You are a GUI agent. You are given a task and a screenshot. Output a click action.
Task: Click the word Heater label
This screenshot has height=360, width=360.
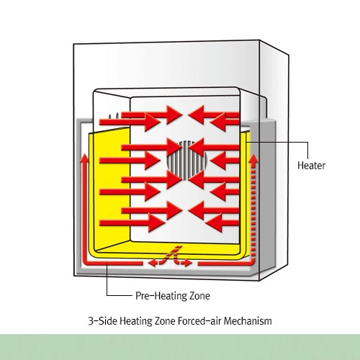click(x=311, y=166)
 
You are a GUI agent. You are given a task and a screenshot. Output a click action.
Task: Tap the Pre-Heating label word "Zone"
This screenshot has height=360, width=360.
click(x=199, y=296)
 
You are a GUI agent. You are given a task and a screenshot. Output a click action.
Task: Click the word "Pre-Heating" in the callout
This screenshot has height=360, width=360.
click(x=161, y=296)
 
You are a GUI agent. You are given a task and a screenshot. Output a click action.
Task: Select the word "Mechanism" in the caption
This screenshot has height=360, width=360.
click(x=248, y=321)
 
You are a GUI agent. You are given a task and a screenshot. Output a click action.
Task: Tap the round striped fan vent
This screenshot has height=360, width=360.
click(x=187, y=161)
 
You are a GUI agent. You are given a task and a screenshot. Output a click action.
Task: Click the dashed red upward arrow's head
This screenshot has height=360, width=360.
click(x=253, y=160)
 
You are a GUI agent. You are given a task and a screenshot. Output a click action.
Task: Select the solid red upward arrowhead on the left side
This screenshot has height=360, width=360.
click(x=84, y=158)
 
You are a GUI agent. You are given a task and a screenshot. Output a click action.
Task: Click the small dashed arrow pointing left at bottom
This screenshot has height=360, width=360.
click(x=153, y=264)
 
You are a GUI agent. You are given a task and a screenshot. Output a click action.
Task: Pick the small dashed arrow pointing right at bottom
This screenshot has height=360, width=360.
click(x=186, y=264)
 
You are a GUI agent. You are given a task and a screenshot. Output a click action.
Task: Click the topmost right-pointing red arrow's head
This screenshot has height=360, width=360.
click(x=174, y=114)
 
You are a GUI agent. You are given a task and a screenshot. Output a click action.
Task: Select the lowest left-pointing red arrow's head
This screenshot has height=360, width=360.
click(x=214, y=223)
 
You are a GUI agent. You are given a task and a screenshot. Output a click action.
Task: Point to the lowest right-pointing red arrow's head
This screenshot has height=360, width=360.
click(x=157, y=223)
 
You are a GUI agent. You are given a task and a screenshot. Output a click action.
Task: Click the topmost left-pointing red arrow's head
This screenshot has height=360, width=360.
click(x=196, y=114)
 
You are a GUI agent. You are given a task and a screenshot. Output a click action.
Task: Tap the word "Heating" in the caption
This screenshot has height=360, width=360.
click(x=136, y=321)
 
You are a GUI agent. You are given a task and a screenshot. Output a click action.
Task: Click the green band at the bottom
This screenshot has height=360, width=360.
click(x=180, y=347)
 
